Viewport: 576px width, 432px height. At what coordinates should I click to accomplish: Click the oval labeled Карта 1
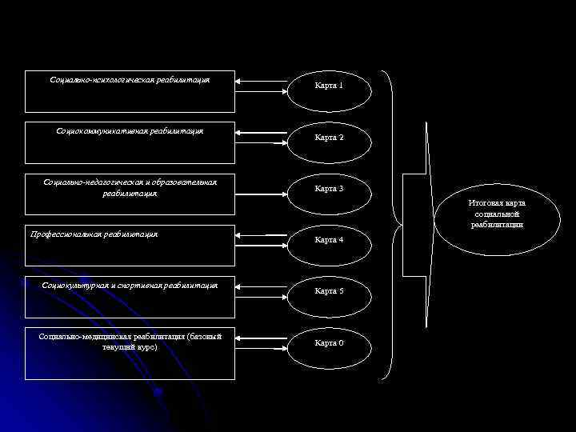(x=329, y=86)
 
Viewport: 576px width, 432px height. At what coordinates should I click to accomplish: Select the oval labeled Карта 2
(x=329, y=138)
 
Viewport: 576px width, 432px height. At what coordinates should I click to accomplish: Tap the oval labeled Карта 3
(x=329, y=189)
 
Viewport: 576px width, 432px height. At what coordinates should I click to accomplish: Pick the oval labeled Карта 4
(x=329, y=239)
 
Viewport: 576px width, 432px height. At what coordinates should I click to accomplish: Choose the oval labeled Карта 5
(x=329, y=291)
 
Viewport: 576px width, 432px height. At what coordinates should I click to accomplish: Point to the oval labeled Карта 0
(x=329, y=342)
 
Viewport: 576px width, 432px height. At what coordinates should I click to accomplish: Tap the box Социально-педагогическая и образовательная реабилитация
(x=130, y=194)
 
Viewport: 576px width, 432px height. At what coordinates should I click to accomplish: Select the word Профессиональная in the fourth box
(x=63, y=234)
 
